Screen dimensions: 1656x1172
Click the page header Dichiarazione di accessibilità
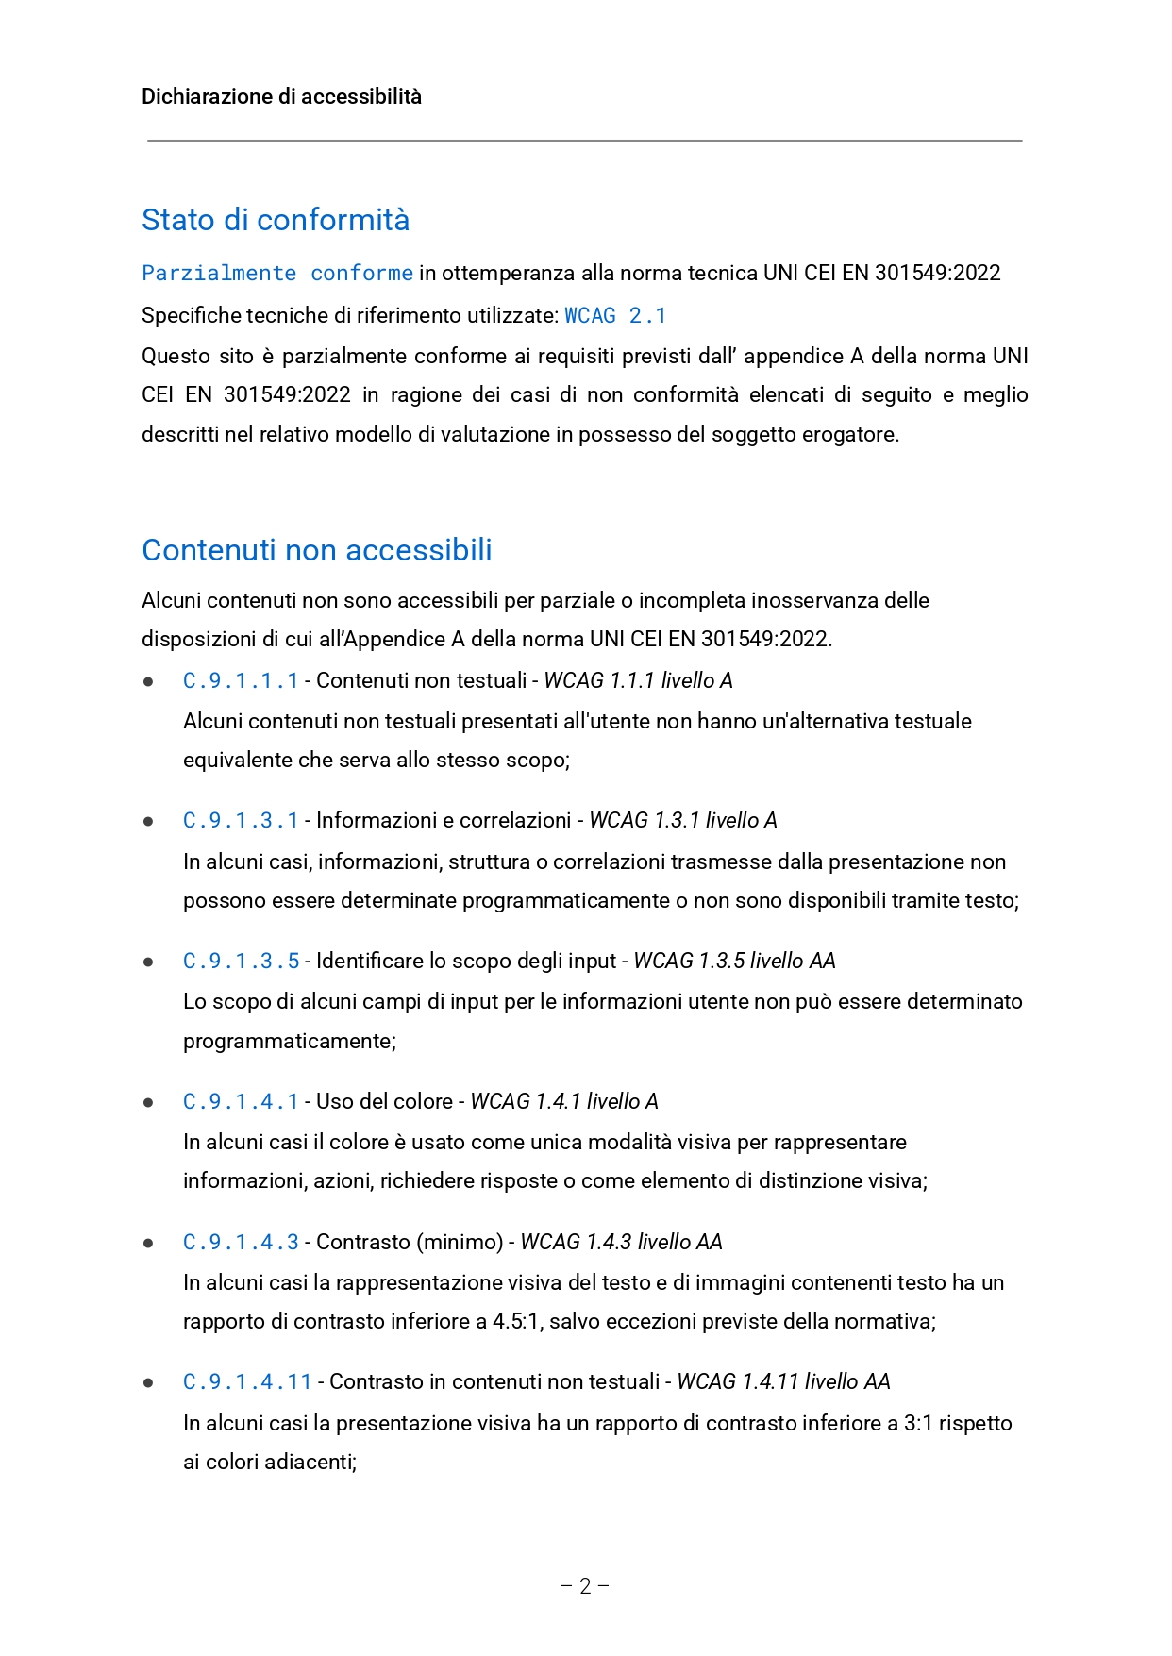281,96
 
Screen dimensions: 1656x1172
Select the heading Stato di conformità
276,220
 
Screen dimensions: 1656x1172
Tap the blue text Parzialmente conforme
276,274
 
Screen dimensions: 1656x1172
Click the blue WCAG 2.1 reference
615,315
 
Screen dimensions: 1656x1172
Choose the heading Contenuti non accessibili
317,550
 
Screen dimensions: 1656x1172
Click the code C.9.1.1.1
241,680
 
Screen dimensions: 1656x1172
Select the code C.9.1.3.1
241,820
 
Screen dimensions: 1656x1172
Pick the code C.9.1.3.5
241,961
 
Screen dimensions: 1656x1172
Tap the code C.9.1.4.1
241,1101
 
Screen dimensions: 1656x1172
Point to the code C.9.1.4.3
241,1242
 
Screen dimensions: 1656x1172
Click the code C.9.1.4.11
247,1381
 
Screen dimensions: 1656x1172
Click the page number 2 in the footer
585,1585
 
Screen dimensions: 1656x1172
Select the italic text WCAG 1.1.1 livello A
638,680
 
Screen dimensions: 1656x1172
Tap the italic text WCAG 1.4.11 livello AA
783,1381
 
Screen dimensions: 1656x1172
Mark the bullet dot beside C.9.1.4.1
148,1102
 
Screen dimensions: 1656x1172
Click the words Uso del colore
384,1101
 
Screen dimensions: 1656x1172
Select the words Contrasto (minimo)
410,1242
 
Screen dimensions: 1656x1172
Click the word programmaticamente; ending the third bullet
290,1041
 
